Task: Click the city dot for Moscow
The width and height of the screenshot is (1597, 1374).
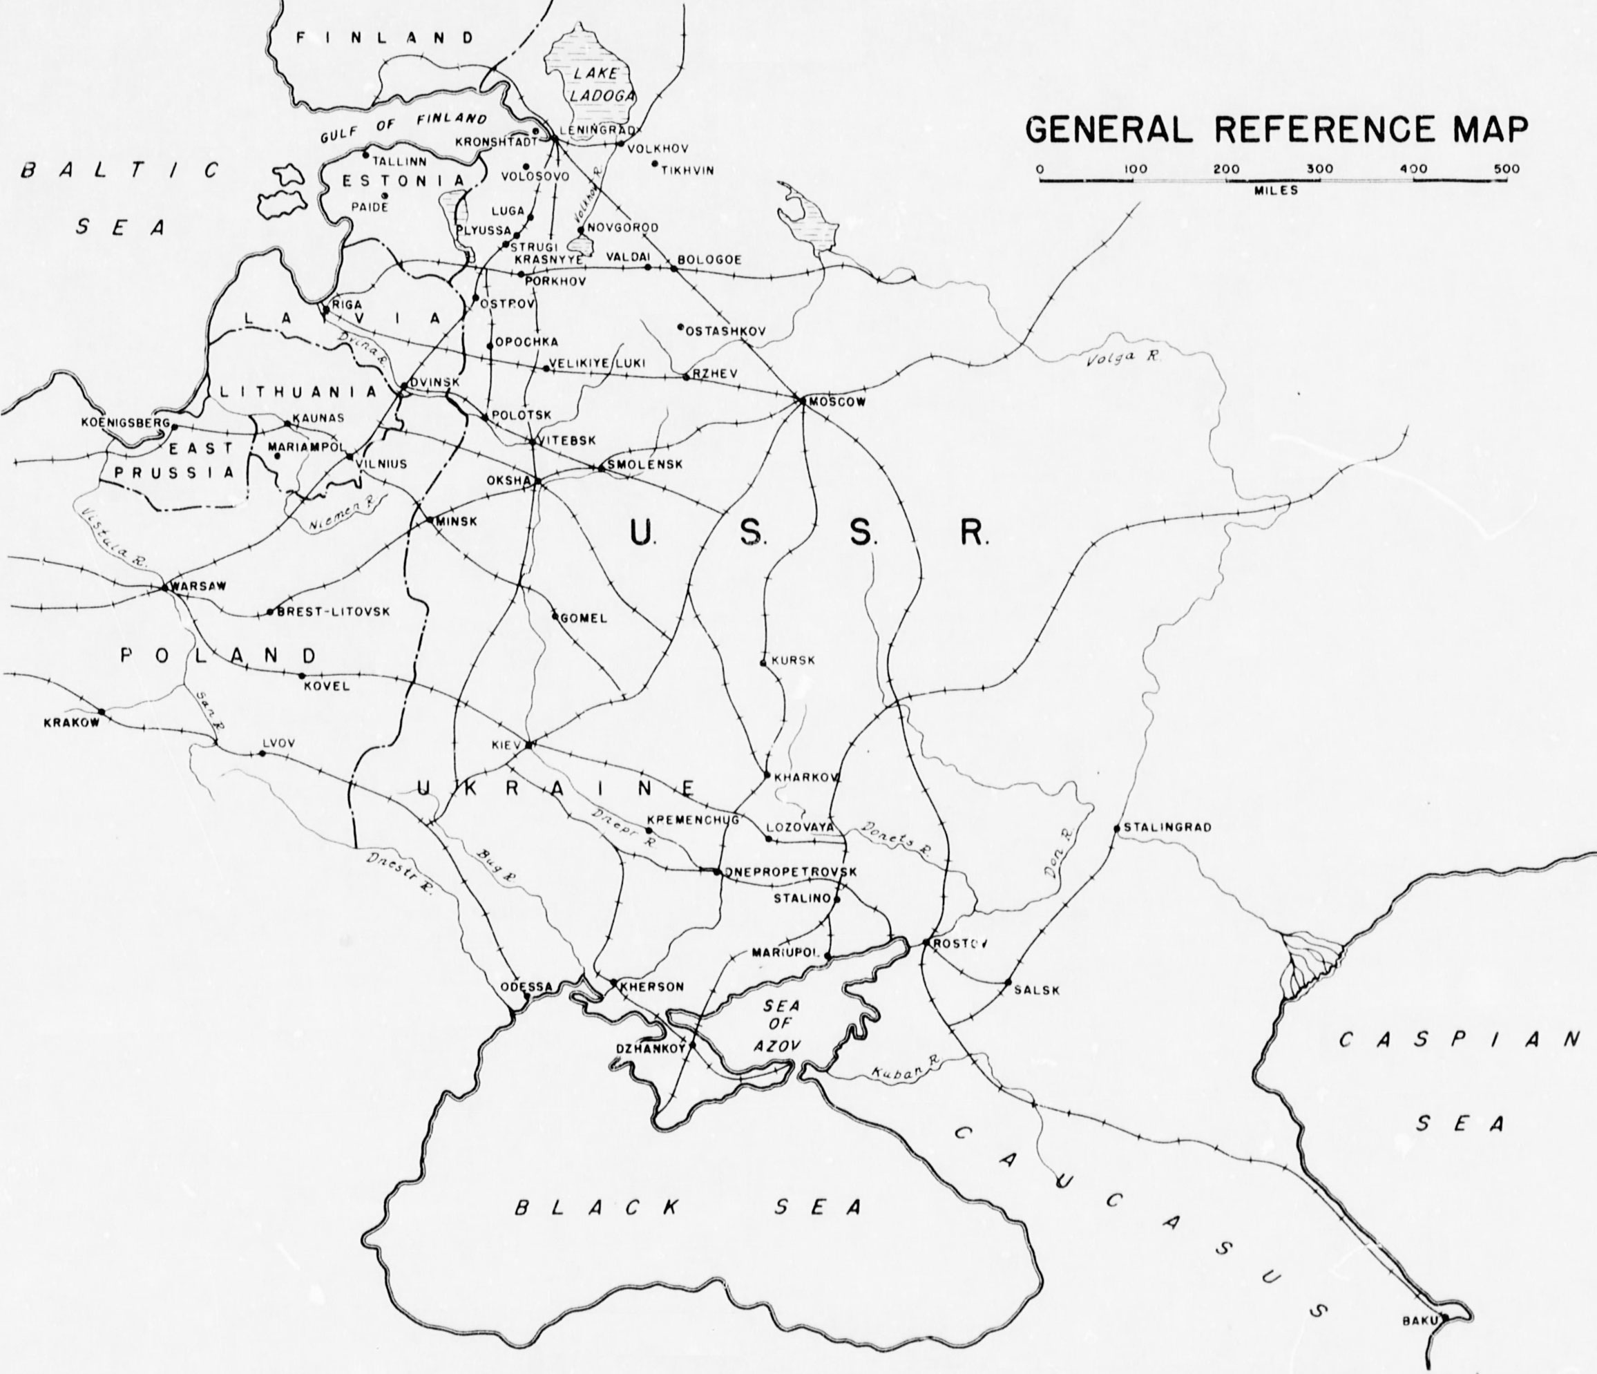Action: [801, 400]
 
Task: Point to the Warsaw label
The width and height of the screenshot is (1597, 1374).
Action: [199, 586]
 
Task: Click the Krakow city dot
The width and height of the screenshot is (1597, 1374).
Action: [102, 712]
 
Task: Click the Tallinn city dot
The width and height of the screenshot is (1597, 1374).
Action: [366, 154]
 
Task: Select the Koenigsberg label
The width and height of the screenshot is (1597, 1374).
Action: [125, 423]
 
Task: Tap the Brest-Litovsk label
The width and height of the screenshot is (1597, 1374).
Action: [333, 611]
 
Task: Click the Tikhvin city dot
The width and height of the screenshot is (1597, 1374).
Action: [654, 163]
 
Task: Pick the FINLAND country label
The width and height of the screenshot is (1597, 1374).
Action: [386, 38]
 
